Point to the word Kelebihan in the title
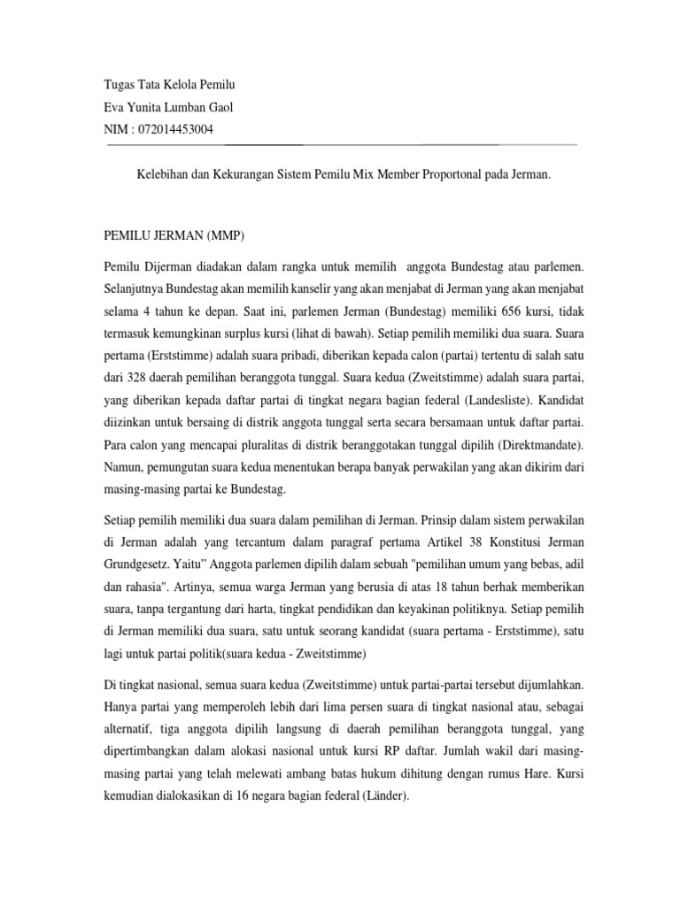(161, 176)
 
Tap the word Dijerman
(167, 266)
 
